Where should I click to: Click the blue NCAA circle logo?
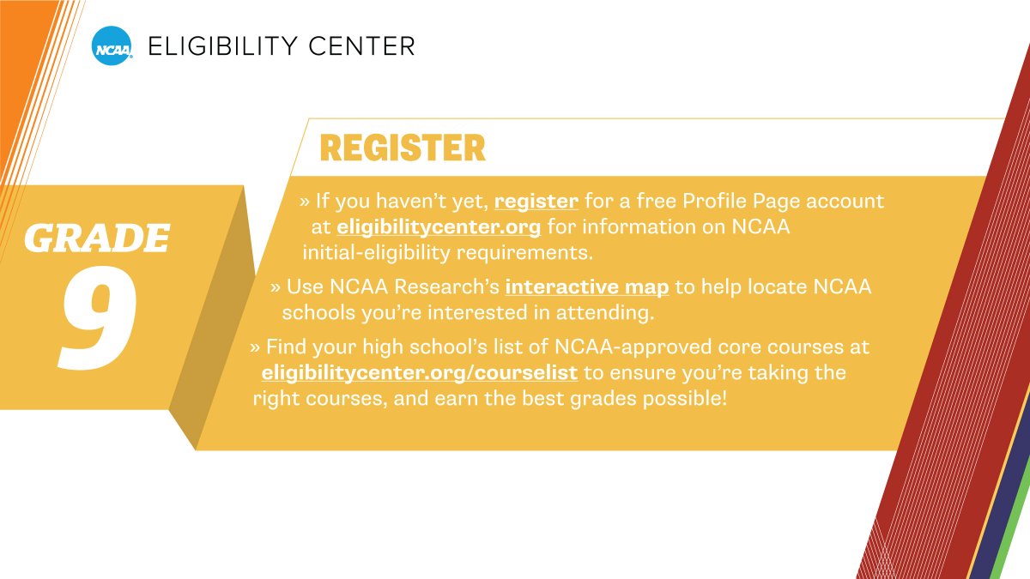coord(112,45)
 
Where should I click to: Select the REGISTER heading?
coord(402,148)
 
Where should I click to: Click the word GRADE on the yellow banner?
coord(96,238)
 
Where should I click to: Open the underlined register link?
coord(536,202)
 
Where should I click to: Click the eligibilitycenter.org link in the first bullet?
coord(439,227)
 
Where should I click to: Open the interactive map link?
coord(587,286)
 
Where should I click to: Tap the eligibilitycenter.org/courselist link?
coord(419,373)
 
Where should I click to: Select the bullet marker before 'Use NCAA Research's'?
coord(276,287)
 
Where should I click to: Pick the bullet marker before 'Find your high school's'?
coord(255,347)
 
